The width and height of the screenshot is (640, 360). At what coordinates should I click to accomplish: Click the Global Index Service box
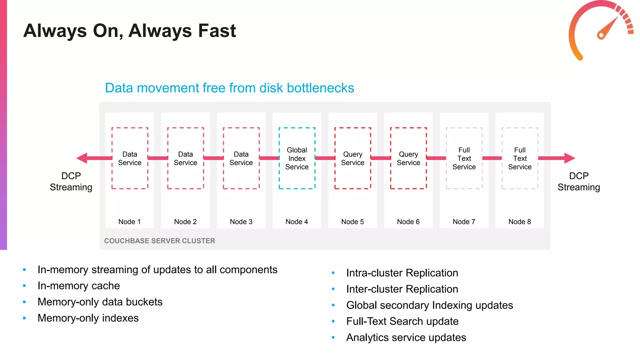(x=297, y=158)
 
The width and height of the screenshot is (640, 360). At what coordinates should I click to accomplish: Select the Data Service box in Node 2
(x=185, y=158)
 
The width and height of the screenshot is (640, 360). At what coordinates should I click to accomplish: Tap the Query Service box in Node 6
(x=408, y=158)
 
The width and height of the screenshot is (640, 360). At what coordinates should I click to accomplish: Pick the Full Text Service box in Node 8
(x=520, y=158)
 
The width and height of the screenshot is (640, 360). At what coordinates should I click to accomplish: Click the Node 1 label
(x=129, y=222)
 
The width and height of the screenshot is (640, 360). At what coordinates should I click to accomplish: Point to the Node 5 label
(x=352, y=222)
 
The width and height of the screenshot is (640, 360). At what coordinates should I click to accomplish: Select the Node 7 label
(x=464, y=222)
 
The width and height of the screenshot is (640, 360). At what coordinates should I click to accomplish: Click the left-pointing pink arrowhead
(x=82, y=158)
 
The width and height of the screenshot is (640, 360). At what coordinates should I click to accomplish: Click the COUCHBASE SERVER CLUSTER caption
(x=159, y=241)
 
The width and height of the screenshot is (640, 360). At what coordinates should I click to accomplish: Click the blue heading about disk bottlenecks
(x=229, y=88)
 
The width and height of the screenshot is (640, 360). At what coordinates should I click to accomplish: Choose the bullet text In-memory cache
(x=78, y=286)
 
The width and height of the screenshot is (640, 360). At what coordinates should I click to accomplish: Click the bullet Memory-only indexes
(x=88, y=318)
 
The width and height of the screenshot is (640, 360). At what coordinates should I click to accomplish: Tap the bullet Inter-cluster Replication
(x=402, y=289)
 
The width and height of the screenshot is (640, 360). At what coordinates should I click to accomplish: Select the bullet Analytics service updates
(x=406, y=337)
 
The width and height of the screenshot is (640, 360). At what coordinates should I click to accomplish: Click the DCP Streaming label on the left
(x=71, y=182)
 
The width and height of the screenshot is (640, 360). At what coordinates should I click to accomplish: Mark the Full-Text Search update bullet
(x=402, y=321)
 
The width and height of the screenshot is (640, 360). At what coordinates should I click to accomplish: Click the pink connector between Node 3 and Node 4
(x=269, y=158)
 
